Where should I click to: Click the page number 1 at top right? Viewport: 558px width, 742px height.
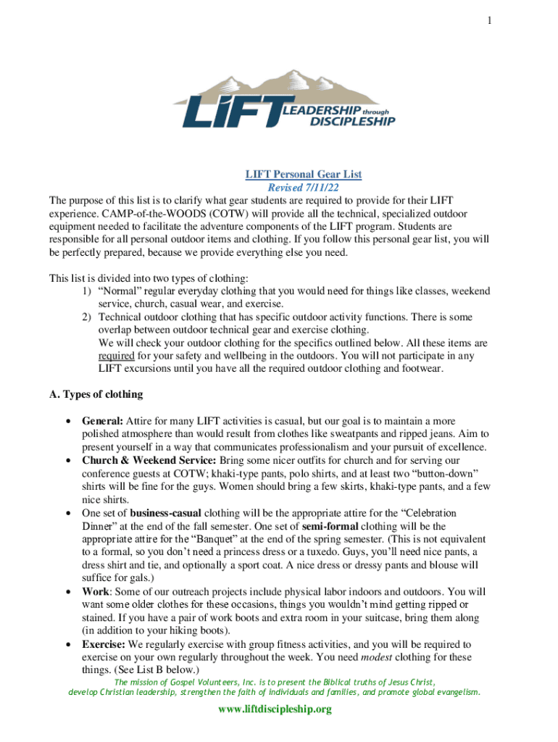490,22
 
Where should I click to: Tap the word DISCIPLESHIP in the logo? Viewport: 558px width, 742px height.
352,122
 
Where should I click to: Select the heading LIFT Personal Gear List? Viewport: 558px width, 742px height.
303,174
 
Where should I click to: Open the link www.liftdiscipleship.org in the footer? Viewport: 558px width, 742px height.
275,709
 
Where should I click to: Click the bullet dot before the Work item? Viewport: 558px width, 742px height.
67,591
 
